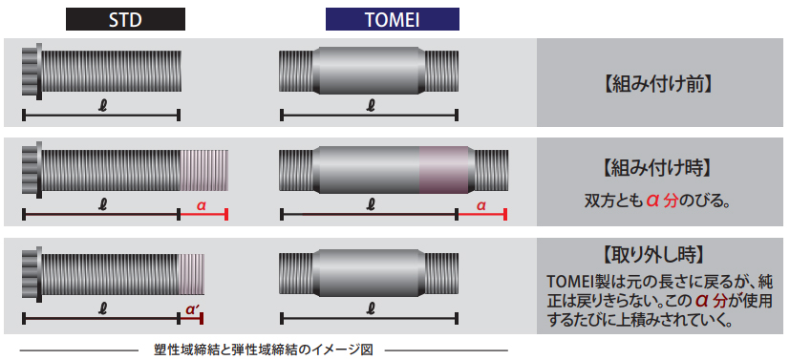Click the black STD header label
pos(125,19)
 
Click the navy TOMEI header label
pos(392,19)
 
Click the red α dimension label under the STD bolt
pos(202,205)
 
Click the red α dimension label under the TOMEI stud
pos(480,205)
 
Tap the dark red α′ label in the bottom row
pos(191,309)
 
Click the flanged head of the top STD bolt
pos(32,70)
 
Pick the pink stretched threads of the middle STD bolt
pos(204,170)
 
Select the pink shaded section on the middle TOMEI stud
pos(445,170)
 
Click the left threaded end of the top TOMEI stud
pos(296,71)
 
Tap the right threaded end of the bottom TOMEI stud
pos(441,273)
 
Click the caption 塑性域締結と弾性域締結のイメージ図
pos(264,349)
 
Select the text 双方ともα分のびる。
pos(657,201)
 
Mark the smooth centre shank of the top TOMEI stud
pos(370,71)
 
